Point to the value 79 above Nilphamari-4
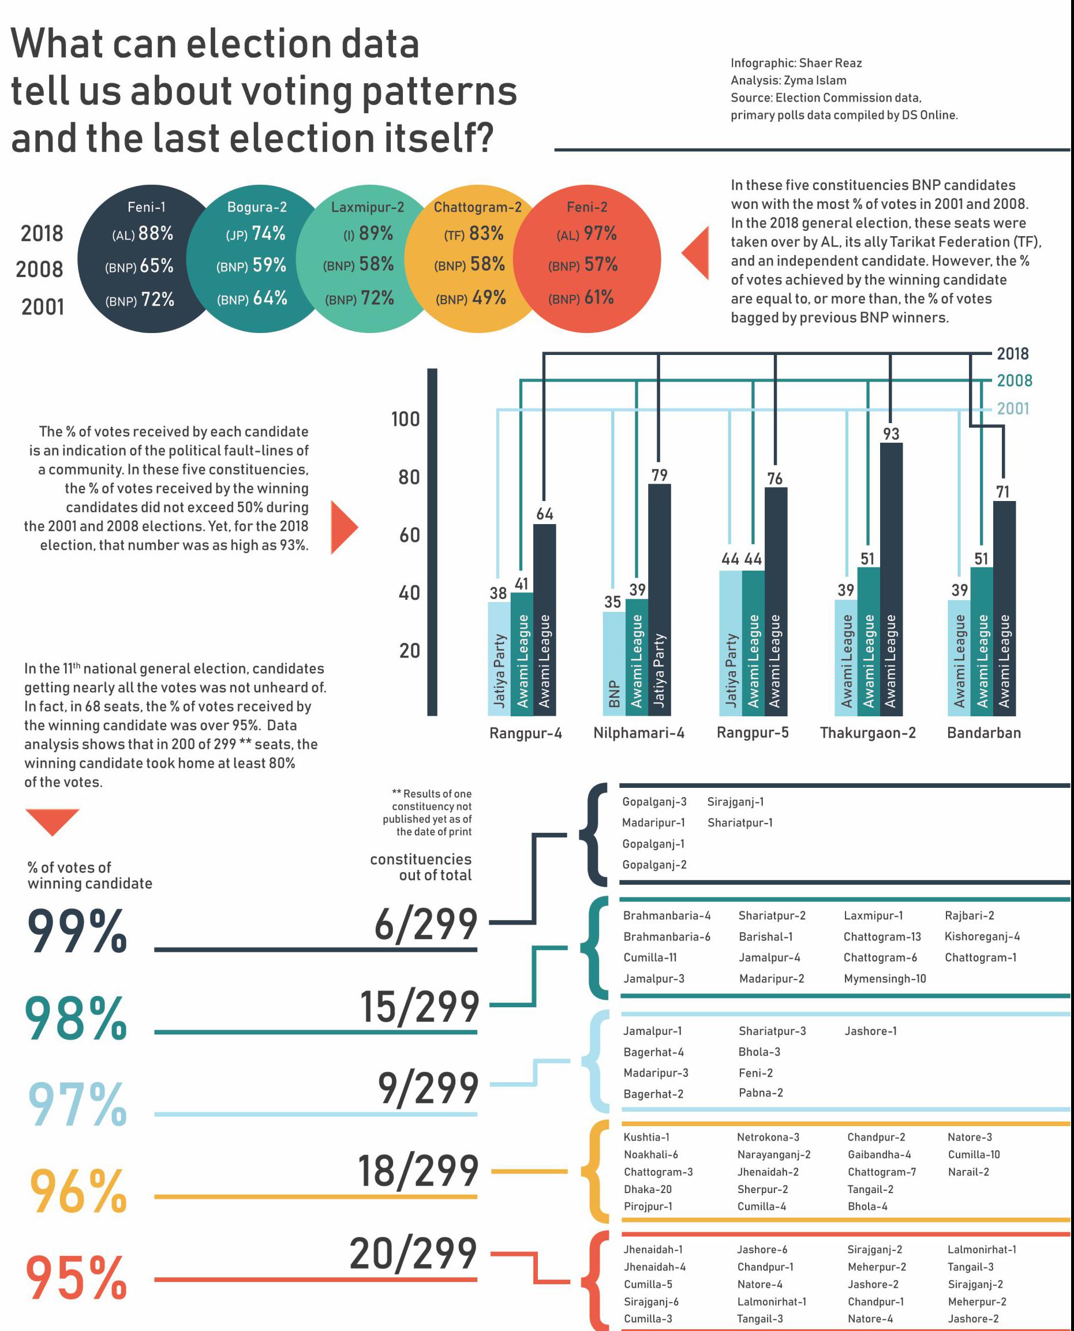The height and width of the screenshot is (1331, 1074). pos(660,474)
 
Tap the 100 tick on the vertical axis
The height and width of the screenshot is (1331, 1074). pos(405,419)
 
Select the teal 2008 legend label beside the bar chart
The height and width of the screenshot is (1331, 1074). pos(1014,380)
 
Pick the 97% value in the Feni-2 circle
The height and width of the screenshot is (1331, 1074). pos(600,233)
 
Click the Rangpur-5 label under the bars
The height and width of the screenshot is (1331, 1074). pos(753,732)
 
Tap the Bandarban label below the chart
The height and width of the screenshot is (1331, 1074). pos(983,732)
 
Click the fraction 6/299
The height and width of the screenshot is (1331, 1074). pos(426,925)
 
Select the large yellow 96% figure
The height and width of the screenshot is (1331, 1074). pos(78,1191)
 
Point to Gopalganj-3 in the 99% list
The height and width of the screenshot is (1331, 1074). pos(654,801)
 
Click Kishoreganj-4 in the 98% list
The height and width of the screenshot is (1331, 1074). pos(982,936)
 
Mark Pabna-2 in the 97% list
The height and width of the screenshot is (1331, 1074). pos(760,1092)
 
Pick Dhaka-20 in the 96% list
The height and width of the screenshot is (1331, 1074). pos(647,1188)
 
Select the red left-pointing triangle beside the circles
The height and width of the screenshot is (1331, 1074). pos(697,252)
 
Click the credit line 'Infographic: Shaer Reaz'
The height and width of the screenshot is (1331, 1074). pos(796,63)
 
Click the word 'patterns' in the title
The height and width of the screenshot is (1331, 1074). pos(439,92)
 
